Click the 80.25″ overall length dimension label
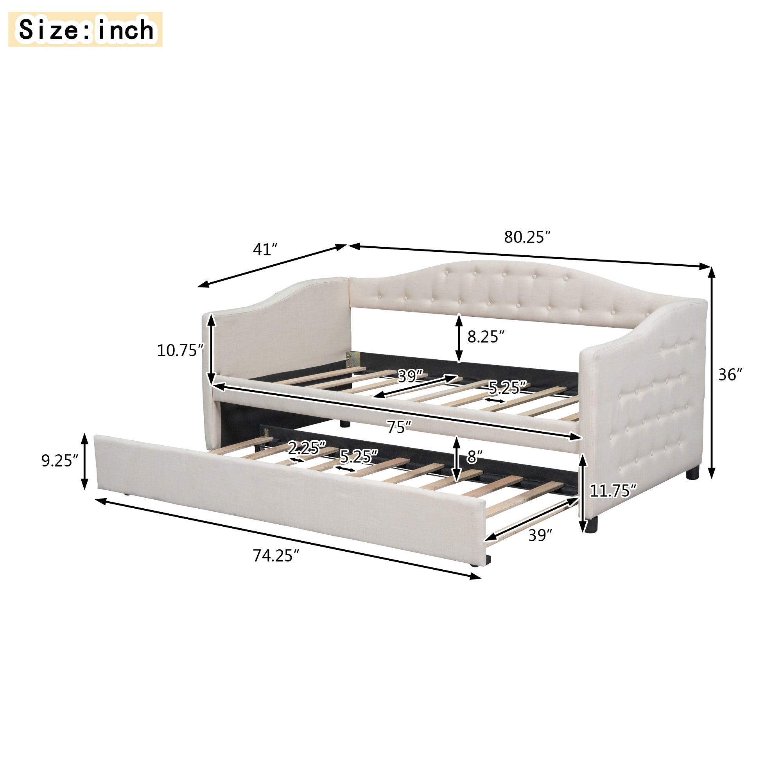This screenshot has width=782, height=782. click(527, 237)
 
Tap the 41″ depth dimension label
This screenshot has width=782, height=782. click(265, 250)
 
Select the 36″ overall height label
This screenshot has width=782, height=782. click(730, 375)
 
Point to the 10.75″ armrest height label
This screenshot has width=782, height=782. click(180, 350)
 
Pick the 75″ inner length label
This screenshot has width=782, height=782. click(399, 427)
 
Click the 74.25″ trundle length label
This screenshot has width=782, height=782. click(276, 556)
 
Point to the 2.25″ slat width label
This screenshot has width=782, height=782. click(307, 448)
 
